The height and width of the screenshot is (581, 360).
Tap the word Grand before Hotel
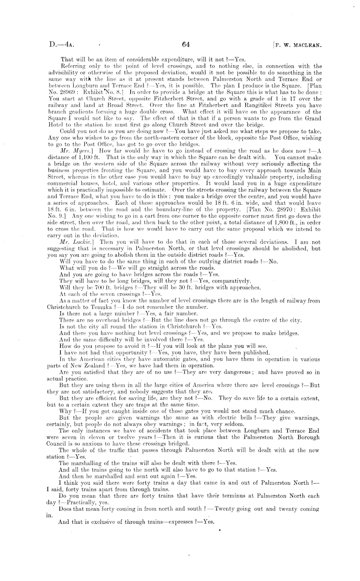click(312, 118)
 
